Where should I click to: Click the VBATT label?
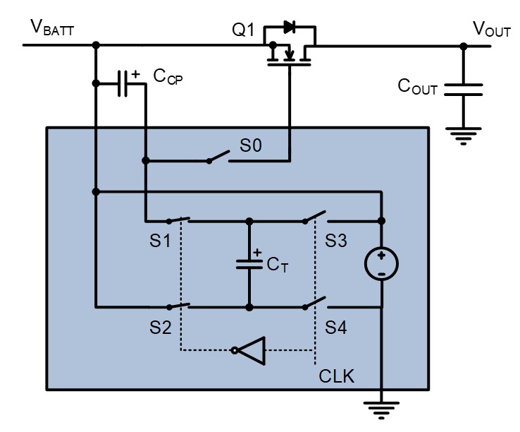[52, 28]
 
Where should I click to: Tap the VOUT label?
[492, 29]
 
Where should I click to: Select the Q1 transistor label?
[243, 30]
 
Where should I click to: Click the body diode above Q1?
[290, 27]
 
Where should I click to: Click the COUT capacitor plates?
[464, 90]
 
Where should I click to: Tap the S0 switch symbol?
[219, 157]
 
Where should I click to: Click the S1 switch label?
[160, 240]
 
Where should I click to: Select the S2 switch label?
[160, 328]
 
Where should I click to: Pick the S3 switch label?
[335, 240]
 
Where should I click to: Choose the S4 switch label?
[335, 328]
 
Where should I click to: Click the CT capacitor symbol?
[249, 264]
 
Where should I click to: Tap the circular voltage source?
[381, 264]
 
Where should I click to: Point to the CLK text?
[336, 376]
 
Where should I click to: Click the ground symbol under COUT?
[464, 136]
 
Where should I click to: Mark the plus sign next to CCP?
[135, 74]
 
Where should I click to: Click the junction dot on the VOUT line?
[464, 47]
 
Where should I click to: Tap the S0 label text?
[251, 145]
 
